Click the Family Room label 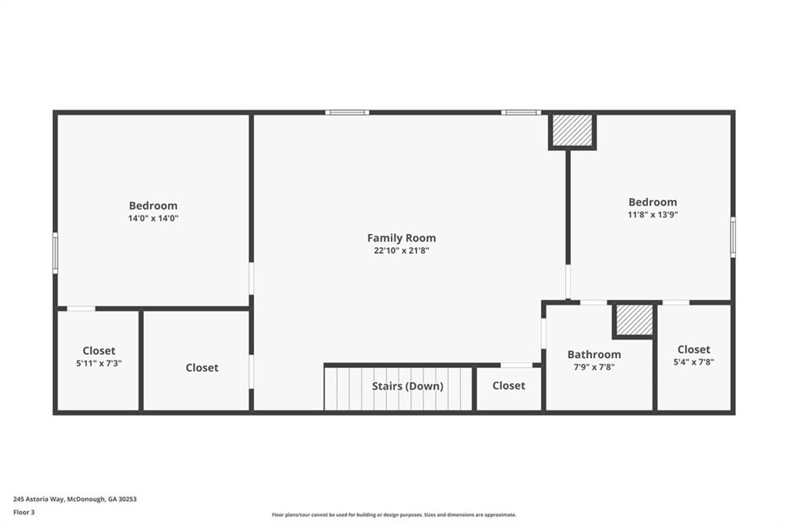(402, 238)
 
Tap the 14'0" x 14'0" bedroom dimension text (153, 219)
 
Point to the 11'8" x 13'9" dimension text (653, 215)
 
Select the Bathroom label (594, 355)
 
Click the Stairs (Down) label (408, 386)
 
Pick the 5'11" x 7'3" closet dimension (99, 363)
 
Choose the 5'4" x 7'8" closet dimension (693, 362)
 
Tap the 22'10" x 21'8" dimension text (402, 250)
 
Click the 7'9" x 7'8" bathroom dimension (594, 367)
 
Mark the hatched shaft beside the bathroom (634, 319)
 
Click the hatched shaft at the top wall (572, 131)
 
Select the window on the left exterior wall (55, 253)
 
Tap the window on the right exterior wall (733, 237)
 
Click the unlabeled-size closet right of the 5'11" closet (196, 360)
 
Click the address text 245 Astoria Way (75, 500)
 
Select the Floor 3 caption (24, 513)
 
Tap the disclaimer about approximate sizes (394, 515)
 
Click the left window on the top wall (347, 112)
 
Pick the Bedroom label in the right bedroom (653, 202)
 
